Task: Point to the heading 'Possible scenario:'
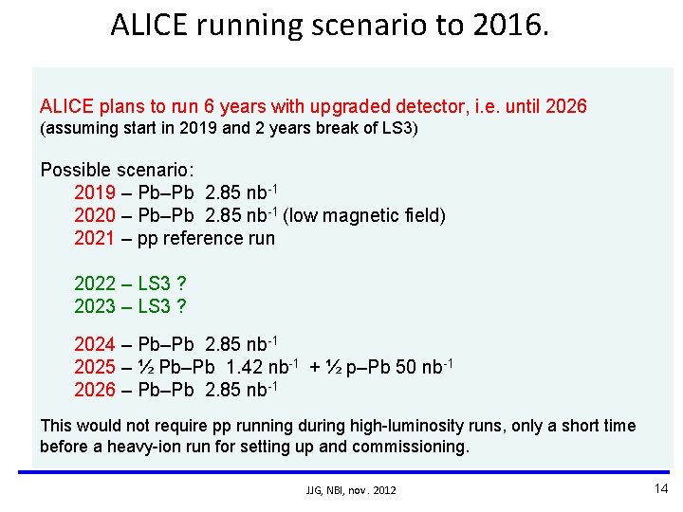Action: pyautogui.click(x=117, y=170)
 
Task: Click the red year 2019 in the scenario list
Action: pyautogui.click(x=95, y=192)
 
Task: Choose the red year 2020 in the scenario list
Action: pyautogui.click(x=95, y=215)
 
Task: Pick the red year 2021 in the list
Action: pyautogui.click(x=95, y=238)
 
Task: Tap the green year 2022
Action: pyautogui.click(x=95, y=283)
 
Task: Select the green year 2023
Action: pyautogui.click(x=95, y=305)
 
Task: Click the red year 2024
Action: pyautogui.click(x=95, y=344)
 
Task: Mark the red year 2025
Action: pyautogui.click(x=95, y=367)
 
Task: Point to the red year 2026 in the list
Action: pyautogui.click(x=95, y=390)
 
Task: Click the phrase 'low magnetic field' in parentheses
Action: pyautogui.click(x=364, y=215)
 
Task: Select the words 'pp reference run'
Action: pyautogui.click(x=206, y=238)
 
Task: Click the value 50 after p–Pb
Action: pyautogui.click(x=406, y=367)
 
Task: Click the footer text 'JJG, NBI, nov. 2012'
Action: pyautogui.click(x=351, y=490)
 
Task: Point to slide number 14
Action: pyautogui.click(x=661, y=488)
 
